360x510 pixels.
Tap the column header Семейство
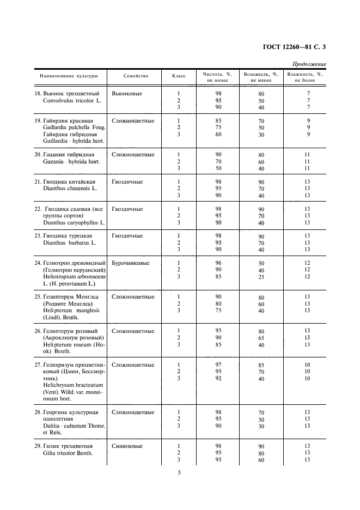136,76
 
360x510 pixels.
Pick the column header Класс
179,76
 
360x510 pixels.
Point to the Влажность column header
305,76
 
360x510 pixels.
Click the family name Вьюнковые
127,94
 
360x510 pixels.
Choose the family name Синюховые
128,446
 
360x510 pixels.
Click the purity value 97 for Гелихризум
218,364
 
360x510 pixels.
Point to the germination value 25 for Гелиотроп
261,277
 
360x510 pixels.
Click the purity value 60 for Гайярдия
218,134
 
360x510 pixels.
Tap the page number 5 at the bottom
179,472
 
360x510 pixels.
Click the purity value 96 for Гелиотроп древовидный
218,263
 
